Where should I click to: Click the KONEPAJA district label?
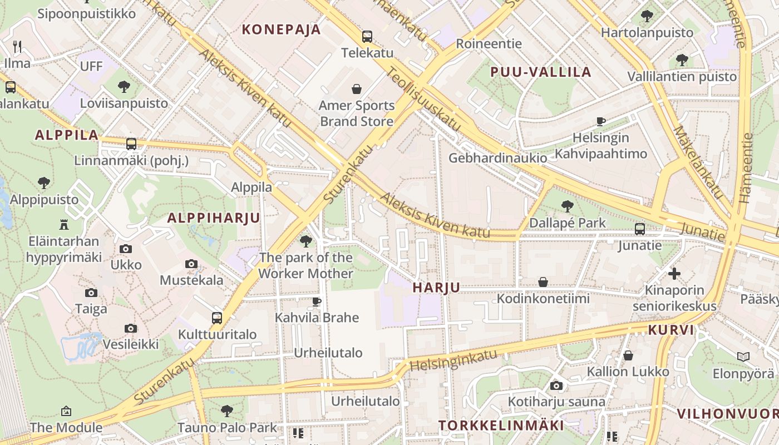[281, 29]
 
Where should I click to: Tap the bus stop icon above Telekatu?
[367, 37]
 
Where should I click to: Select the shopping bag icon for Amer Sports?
[357, 89]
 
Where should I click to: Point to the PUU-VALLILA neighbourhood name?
[540, 72]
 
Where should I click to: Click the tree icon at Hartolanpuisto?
[647, 16]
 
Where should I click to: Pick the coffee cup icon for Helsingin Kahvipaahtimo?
[600, 121]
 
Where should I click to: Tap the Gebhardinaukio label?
[497, 158]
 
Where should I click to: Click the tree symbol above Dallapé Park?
[567, 206]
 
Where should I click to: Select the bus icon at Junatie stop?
[640, 229]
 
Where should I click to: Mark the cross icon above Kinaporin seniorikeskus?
[674, 273]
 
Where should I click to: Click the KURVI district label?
[671, 330]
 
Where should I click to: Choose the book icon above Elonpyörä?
[743, 357]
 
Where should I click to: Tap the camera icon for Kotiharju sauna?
[556, 385]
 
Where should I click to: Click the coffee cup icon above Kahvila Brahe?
[317, 301]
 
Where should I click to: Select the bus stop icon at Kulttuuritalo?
[217, 318]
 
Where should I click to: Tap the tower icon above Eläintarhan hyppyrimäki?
[63, 225]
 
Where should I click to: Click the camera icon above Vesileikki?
[131, 328]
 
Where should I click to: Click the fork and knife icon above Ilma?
[17, 47]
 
